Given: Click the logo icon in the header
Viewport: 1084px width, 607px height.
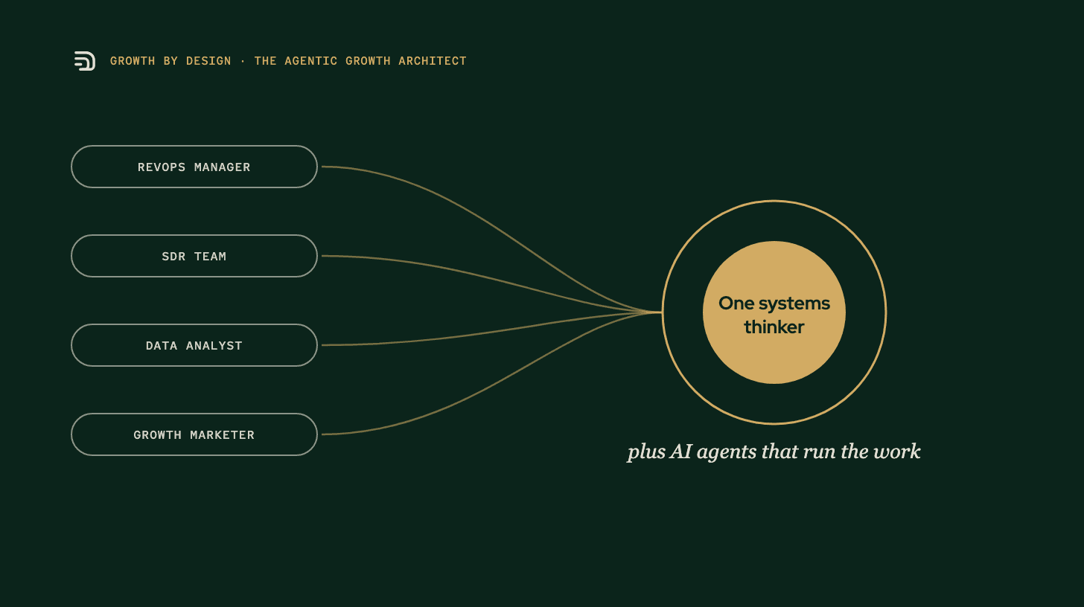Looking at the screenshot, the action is click(x=85, y=61).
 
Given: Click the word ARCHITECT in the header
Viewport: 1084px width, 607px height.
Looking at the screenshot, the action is click(x=433, y=61).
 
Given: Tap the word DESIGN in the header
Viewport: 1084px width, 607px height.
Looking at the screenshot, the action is click(x=208, y=61).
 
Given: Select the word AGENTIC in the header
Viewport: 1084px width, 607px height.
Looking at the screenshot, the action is click(x=310, y=61).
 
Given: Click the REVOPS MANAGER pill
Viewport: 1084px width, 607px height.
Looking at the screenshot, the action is click(x=194, y=167).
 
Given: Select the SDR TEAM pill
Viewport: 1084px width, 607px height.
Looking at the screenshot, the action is click(x=194, y=256).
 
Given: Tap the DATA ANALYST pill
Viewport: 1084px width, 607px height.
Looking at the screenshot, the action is click(x=194, y=345).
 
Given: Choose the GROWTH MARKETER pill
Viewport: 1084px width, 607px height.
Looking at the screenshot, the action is click(x=194, y=434).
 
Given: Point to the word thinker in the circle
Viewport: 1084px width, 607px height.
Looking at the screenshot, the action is click(x=774, y=327).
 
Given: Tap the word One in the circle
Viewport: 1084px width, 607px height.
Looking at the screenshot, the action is click(x=736, y=303).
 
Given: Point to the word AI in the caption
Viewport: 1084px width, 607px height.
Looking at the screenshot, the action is click(x=681, y=452).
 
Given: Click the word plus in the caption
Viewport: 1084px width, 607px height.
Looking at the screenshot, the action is click(x=646, y=452).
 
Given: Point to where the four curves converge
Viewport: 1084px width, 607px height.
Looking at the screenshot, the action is click(x=660, y=312).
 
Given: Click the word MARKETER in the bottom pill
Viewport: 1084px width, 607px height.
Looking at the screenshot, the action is click(x=222, y=435).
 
